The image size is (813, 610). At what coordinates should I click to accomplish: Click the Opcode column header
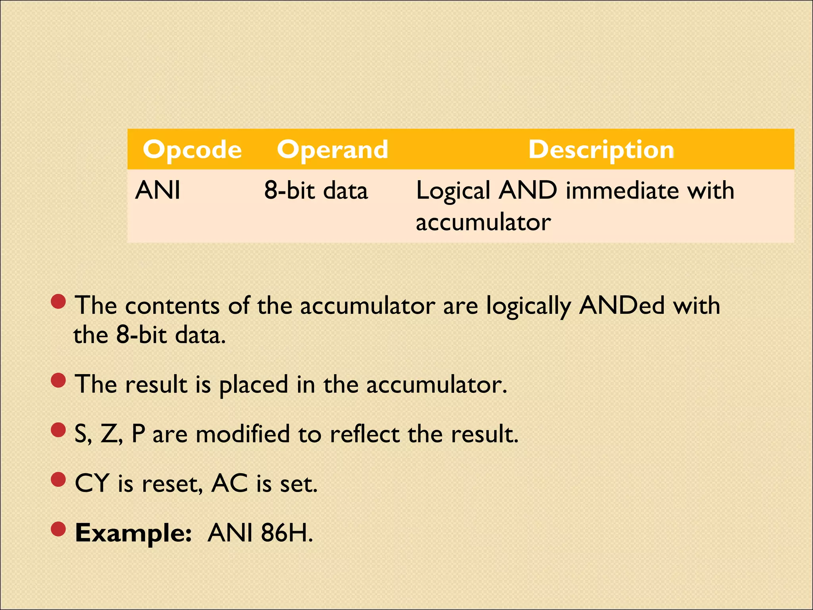coord(192,150)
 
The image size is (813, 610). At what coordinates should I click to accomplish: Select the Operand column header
coord(332,150)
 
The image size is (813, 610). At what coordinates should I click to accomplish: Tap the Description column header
coord(601,150)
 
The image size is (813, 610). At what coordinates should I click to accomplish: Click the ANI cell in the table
coord(158,190)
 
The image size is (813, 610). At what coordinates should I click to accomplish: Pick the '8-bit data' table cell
coord(316,190)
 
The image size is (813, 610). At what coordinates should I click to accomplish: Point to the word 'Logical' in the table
coord(453,191)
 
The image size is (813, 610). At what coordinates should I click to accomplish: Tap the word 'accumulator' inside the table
coord(483,222)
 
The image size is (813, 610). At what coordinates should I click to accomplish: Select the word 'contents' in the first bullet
coord(172,305)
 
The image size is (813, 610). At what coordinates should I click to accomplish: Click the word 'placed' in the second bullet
coord(254,385)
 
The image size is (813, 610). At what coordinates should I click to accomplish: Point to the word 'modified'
coord(243,434)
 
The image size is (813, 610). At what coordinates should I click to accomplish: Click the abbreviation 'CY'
coord(92,484)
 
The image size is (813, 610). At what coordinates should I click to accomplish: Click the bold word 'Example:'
coord(133,533)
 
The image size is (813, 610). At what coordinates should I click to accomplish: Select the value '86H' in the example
coord(285,533)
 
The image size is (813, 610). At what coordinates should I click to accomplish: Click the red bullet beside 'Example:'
coord(58,529)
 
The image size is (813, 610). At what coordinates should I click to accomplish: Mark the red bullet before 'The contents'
coord(58,302)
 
